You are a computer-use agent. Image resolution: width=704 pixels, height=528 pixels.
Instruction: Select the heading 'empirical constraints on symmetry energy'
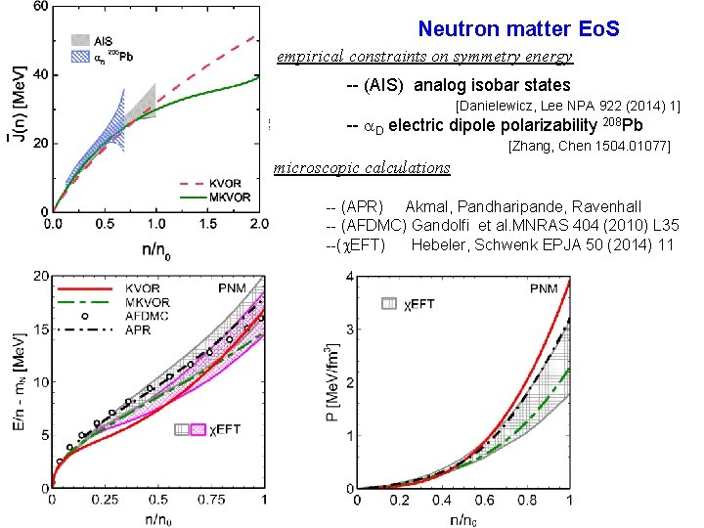tap(424, 57)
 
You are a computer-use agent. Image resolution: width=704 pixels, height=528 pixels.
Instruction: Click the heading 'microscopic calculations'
tap(362, 168)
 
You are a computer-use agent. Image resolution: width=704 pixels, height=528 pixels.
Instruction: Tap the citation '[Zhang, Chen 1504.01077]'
tap(590, 147)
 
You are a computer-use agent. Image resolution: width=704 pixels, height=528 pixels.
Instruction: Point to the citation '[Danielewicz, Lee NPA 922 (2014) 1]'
tap(568, 105)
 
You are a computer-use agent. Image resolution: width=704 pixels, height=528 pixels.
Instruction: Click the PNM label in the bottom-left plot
tap(231, 289)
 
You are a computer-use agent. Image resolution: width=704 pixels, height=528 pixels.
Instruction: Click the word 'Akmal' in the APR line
tap(426, 206)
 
